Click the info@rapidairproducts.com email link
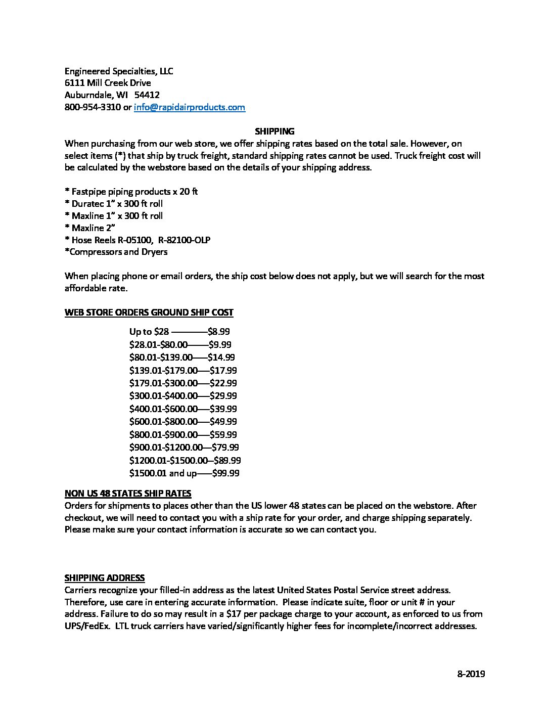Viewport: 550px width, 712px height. (189, 107)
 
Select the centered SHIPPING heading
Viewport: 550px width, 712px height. (274, 131)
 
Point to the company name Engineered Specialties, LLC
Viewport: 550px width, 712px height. (119, 71)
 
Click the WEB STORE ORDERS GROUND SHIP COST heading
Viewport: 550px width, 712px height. (149, 312)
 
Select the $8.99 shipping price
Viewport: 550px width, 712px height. (219, 332)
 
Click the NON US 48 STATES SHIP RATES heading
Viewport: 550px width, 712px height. (128, 493)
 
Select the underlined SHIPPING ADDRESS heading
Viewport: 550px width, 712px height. (105, 577)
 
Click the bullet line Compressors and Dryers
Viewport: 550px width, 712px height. (117, 252)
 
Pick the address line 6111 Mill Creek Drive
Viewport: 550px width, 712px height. (108, 83)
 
